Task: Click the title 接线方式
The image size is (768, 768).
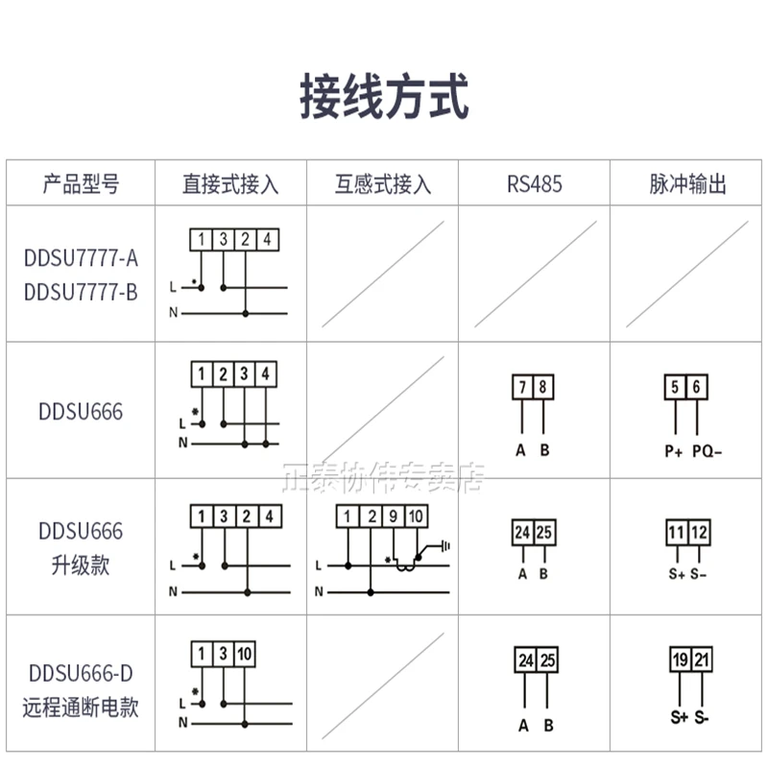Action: tap(384, 100)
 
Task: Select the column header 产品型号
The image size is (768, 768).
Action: tap(82, 184)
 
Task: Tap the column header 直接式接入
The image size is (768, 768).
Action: tap(230, 184)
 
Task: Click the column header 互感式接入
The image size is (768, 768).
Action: tap(383, 184)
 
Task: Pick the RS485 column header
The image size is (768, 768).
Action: tap(534, 184)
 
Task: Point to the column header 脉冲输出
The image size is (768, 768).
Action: tap(687, 184)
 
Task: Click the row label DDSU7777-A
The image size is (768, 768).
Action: tap(82, 258)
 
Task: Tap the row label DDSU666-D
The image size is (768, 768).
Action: tap(82, 675)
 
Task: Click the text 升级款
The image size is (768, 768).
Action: tap(82, 564)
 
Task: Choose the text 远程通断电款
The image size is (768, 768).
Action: tap(82, 708)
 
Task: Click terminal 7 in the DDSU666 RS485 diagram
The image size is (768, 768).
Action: tap(522, 388)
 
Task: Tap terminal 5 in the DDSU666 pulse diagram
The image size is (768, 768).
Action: tap(676, 388)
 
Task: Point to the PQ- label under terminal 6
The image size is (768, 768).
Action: tap(707, 451)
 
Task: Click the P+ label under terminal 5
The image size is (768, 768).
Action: tap(673, 451)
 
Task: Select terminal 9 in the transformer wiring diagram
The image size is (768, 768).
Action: tap(394, 518)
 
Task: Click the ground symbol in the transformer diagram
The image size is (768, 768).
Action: tap(444, 546)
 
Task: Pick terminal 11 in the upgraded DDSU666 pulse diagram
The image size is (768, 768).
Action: tap(676, 532)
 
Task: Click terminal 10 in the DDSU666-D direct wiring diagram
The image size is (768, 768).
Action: tap(244, 655)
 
